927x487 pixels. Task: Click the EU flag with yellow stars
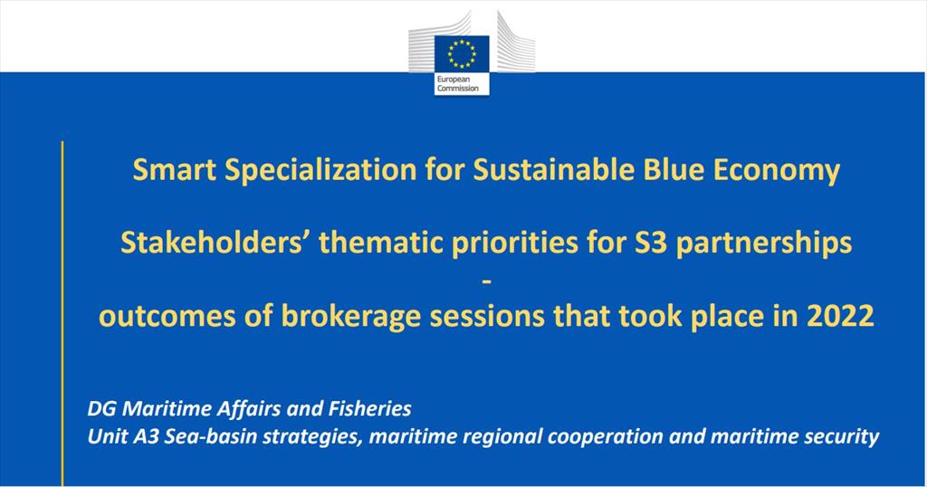click(462, 53)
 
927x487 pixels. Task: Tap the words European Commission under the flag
click(457, 84)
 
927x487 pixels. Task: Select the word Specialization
click(321, 171)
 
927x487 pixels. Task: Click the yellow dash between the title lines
click(486, 282)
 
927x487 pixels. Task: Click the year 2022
click(840, 316)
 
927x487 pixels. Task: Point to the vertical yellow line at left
click(62, 313)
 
